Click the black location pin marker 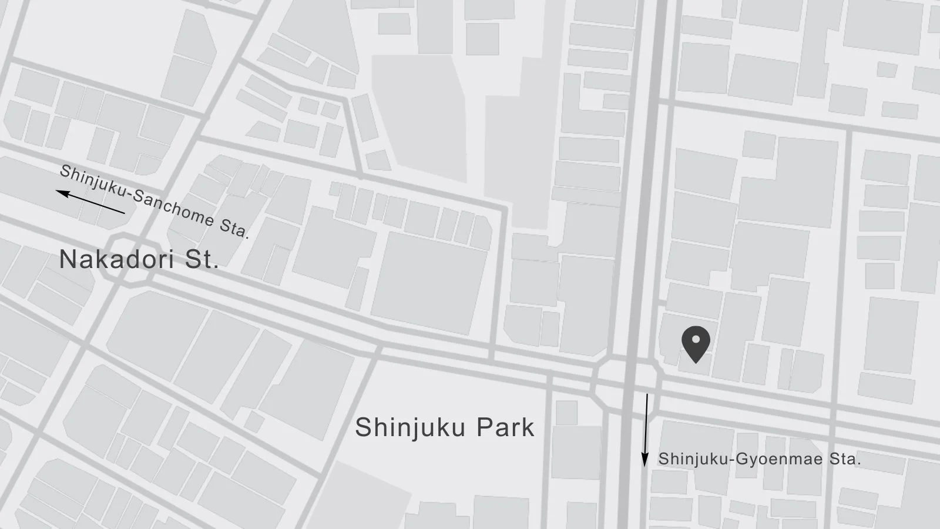coord(696,343)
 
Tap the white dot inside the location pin coord(696,339)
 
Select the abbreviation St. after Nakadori coord(202,259)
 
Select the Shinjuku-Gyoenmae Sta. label coord(759,459)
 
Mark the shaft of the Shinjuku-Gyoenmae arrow coord(646,423)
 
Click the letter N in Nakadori coord(68,259)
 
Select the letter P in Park coord(483,427)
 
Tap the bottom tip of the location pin coord(696,362)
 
